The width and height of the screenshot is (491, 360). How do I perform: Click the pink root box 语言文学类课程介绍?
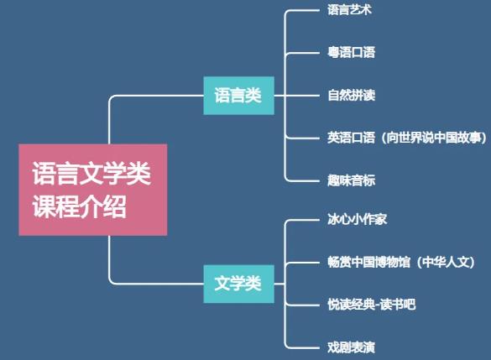coord(93,190)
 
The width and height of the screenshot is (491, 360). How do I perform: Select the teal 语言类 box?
coord(239,96)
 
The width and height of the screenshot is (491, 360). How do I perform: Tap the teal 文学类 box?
coord(239,284)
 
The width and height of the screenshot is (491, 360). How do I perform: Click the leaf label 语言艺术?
coord(349,10)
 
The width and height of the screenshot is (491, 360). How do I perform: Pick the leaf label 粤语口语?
coord(352,52)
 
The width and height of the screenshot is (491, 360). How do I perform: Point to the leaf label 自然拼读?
coord(352,95)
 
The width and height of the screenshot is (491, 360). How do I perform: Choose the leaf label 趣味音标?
coord(352,180)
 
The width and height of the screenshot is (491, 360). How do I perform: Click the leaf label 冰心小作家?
coord(358,219)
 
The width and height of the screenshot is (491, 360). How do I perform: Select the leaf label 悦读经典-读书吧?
coord(372,305)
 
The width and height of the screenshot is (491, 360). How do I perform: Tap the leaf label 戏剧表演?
coord(352,347)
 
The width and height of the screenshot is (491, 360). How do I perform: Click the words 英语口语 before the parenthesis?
coord(352,138)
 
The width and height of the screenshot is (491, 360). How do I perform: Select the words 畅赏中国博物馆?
coord(368,262)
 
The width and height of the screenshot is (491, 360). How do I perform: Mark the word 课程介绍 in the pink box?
coord(80,206)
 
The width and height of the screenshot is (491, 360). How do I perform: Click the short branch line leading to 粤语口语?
coord(302,53)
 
